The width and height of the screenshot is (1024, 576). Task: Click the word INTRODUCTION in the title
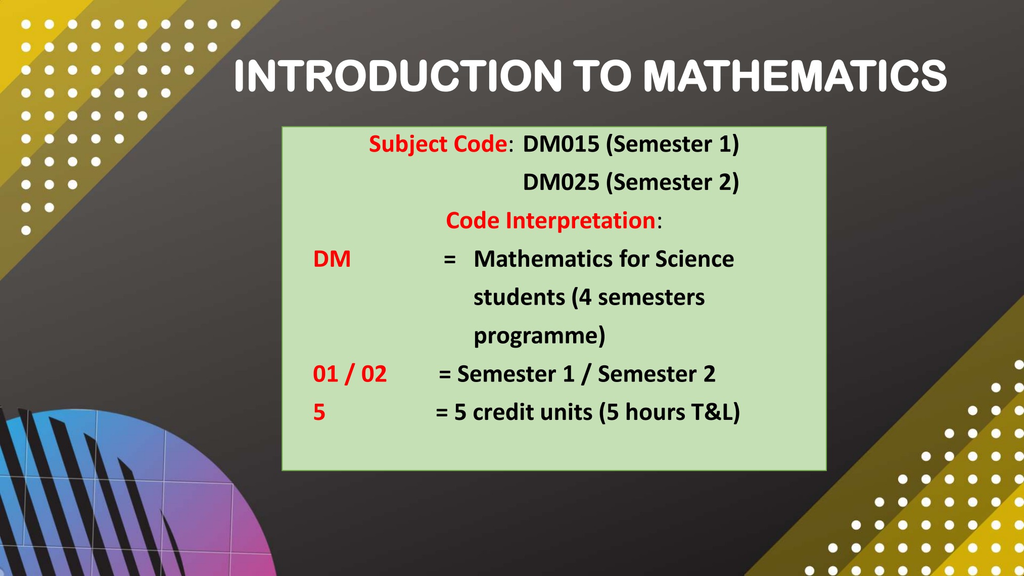pos(398,76)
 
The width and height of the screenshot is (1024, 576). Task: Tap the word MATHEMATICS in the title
pos(795,76)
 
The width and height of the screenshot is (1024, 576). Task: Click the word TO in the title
pos(602,76)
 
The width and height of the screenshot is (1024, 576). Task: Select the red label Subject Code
pos(438,145)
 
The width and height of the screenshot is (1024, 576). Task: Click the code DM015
pos(561,144)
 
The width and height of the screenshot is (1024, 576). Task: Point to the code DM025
pos(561,182)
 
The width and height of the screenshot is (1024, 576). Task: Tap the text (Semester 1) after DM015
pos(672,145)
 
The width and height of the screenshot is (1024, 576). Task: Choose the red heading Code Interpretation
pos(550,221)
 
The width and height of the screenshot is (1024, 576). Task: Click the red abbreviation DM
pos(332,259)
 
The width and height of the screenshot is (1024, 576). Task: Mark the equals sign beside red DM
pos(450,260)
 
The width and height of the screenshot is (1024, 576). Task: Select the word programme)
pos(539,336)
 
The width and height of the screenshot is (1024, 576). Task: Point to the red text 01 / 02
pos(350,374)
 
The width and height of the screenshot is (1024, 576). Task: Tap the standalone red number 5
pos(319,412)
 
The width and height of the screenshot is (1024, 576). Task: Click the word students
pos(519,297)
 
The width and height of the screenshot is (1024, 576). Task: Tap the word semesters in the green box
pos(651,298)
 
